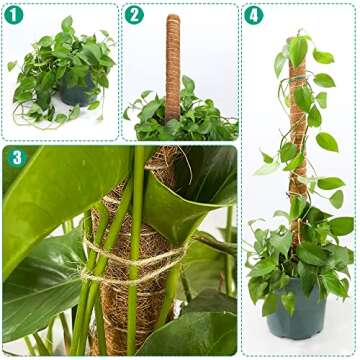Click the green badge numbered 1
tap(12, 15)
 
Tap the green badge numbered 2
tap(135, 15)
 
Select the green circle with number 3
tap(16, 158)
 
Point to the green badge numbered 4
tap(254, 15)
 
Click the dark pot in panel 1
tap(76, 93)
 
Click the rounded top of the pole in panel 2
tap(173, 19)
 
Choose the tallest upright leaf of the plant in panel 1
tap(66, 26)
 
